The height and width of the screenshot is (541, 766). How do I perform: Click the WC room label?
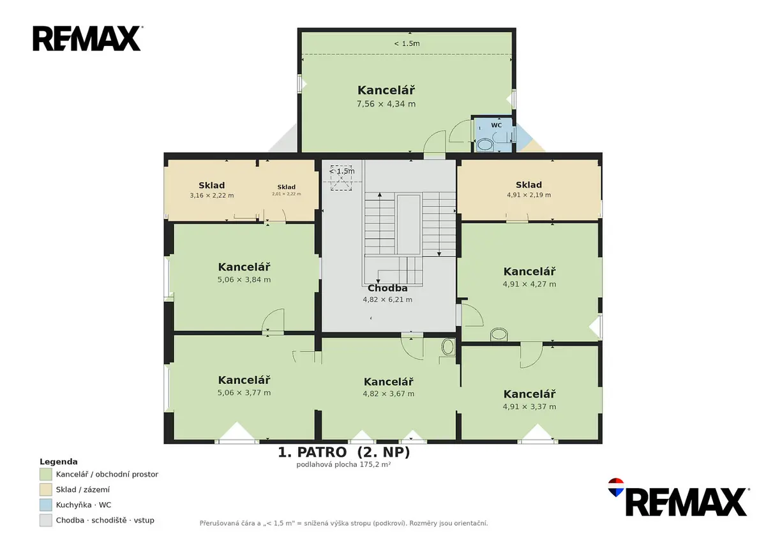496,125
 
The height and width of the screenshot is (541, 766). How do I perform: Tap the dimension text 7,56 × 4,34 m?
386,104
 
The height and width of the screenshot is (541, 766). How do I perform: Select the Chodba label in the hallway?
387,288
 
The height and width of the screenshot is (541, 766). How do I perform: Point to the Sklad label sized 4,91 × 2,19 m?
529,185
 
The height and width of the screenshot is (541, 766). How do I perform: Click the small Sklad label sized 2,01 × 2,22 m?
286,187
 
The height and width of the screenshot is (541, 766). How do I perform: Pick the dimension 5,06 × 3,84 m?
244,279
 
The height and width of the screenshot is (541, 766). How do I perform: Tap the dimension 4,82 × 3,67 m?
389,394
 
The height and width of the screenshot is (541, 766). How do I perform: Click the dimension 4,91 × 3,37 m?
529,406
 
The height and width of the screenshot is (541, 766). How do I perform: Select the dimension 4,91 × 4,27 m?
529,284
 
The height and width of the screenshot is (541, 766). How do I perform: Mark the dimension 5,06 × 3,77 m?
244,393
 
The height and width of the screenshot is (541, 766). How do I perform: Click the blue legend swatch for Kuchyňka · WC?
46,505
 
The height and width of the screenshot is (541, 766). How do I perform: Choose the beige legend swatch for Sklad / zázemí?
46,489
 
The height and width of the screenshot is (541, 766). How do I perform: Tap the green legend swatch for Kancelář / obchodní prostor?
46,474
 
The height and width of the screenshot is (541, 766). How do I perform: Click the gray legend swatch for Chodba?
46,520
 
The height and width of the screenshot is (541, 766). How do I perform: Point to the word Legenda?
59,462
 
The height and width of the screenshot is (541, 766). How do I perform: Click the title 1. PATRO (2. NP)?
343,452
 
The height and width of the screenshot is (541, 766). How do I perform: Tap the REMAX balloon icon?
616,487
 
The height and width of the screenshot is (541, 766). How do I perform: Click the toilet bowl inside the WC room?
484,144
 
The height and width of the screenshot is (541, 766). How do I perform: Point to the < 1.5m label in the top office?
407,43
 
